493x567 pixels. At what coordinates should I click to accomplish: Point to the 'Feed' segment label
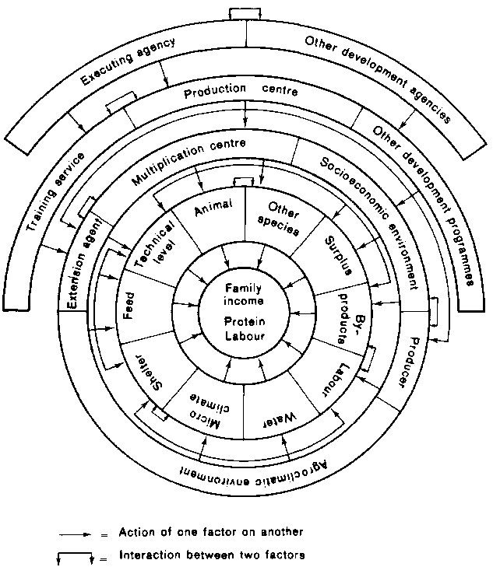click(x=130, y=303)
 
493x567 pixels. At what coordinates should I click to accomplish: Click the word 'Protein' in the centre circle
click(x=245, y=323)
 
